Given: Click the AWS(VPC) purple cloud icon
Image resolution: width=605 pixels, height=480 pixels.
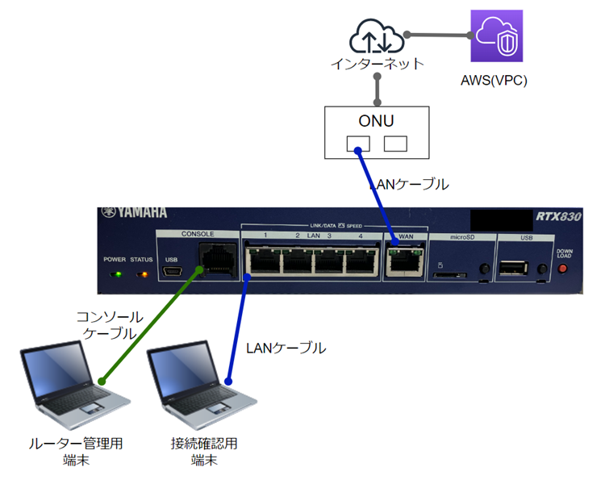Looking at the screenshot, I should (497, 36).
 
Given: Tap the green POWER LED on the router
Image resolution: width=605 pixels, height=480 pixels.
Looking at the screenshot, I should (117, 274).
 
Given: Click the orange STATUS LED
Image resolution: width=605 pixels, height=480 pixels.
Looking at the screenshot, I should (142, 274).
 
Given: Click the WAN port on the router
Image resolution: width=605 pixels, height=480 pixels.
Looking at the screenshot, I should (406, 261).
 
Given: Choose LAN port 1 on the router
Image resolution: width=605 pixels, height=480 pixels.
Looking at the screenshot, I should (263, 261).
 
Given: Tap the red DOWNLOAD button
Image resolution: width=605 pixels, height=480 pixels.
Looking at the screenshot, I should (563, 269).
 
